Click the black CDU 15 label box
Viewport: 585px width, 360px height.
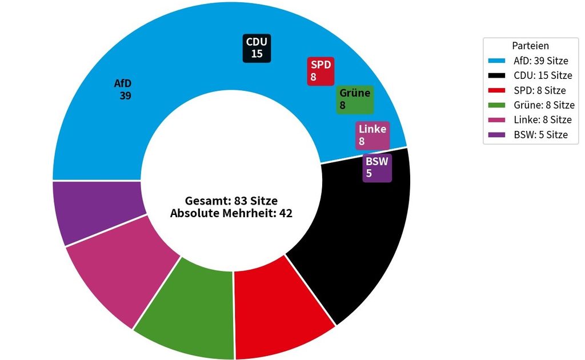257,48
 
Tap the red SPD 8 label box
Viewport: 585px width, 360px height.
320,71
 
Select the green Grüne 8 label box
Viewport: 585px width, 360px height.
354,99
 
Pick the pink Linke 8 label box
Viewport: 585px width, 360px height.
372,135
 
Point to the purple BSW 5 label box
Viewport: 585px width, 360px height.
377,168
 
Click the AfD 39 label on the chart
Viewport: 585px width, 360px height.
123,90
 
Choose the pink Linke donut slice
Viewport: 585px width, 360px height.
119,269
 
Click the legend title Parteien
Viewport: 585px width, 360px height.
530,46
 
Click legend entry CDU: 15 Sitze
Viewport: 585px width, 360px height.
530,75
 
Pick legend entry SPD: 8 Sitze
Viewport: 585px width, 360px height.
527,90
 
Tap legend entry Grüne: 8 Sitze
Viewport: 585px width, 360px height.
531,105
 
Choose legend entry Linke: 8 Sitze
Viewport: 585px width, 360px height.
530,120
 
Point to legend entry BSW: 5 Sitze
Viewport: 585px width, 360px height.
528,135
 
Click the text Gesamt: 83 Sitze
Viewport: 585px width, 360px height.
231,201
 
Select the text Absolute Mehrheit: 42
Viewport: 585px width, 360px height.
231,213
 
